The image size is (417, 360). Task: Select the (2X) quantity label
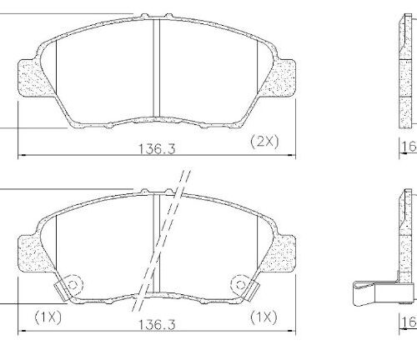pos(264,142)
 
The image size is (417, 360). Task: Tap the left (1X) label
pos(48,316)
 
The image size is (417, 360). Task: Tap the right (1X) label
pos(264,316)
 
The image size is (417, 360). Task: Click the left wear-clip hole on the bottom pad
pos(72,283)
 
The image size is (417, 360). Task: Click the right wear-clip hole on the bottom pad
pos(242,283)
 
